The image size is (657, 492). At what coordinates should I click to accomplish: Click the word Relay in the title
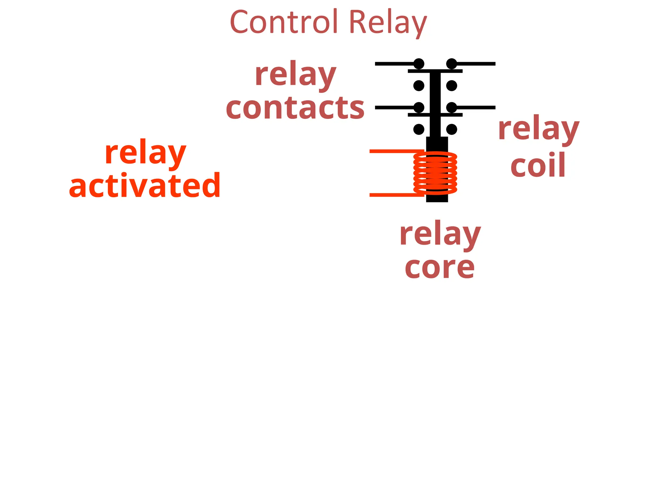(x=388, y=23)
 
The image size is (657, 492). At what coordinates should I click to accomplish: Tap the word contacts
(x=295, y=108)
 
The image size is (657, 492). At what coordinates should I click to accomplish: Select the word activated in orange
(x=145, y=185)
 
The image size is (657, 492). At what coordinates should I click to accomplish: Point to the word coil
(x=538, y=165)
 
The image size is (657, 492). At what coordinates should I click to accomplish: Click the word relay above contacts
(x=295, y=75)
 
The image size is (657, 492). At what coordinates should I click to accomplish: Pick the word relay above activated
(x=145, y=153)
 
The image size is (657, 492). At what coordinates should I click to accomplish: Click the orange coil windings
(x=435, y=173)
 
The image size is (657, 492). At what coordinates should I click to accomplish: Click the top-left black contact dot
(x=419, y=64)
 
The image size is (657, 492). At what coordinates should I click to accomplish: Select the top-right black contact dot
(x=451, y=64)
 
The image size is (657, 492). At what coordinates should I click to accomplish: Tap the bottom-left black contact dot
(x=419, y=129)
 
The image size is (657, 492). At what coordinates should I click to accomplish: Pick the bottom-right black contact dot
(x=451, y=129)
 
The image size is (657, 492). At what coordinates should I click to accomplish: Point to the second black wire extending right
(x=476, y=107)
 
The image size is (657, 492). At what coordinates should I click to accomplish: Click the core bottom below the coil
(x=437, y=198)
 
